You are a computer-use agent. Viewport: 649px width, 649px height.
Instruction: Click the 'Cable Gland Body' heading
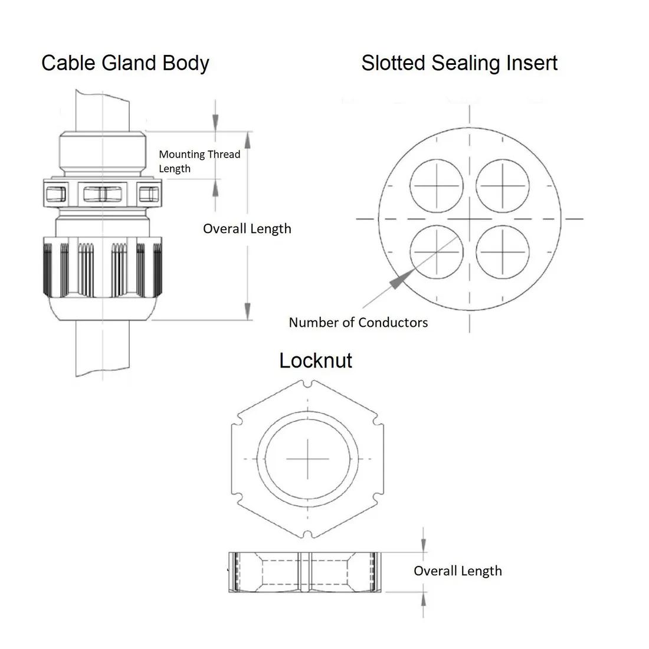pos(125,63)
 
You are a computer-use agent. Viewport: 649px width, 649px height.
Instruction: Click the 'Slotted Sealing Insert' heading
pos(459,63)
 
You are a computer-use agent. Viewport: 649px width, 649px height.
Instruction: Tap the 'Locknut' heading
pos(315,360)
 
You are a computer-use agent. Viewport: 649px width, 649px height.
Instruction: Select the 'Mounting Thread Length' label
pos(199,161)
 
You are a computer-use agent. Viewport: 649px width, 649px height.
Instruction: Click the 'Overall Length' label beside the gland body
pos(247,229)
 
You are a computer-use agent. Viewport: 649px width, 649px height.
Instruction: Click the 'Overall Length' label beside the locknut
pos(457,571)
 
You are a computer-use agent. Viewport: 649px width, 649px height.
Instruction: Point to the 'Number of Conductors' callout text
pos(358,322)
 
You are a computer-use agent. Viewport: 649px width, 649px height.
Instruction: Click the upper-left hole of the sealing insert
pos(437,186)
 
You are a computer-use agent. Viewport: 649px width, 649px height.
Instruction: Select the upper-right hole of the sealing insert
pos(502,186)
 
